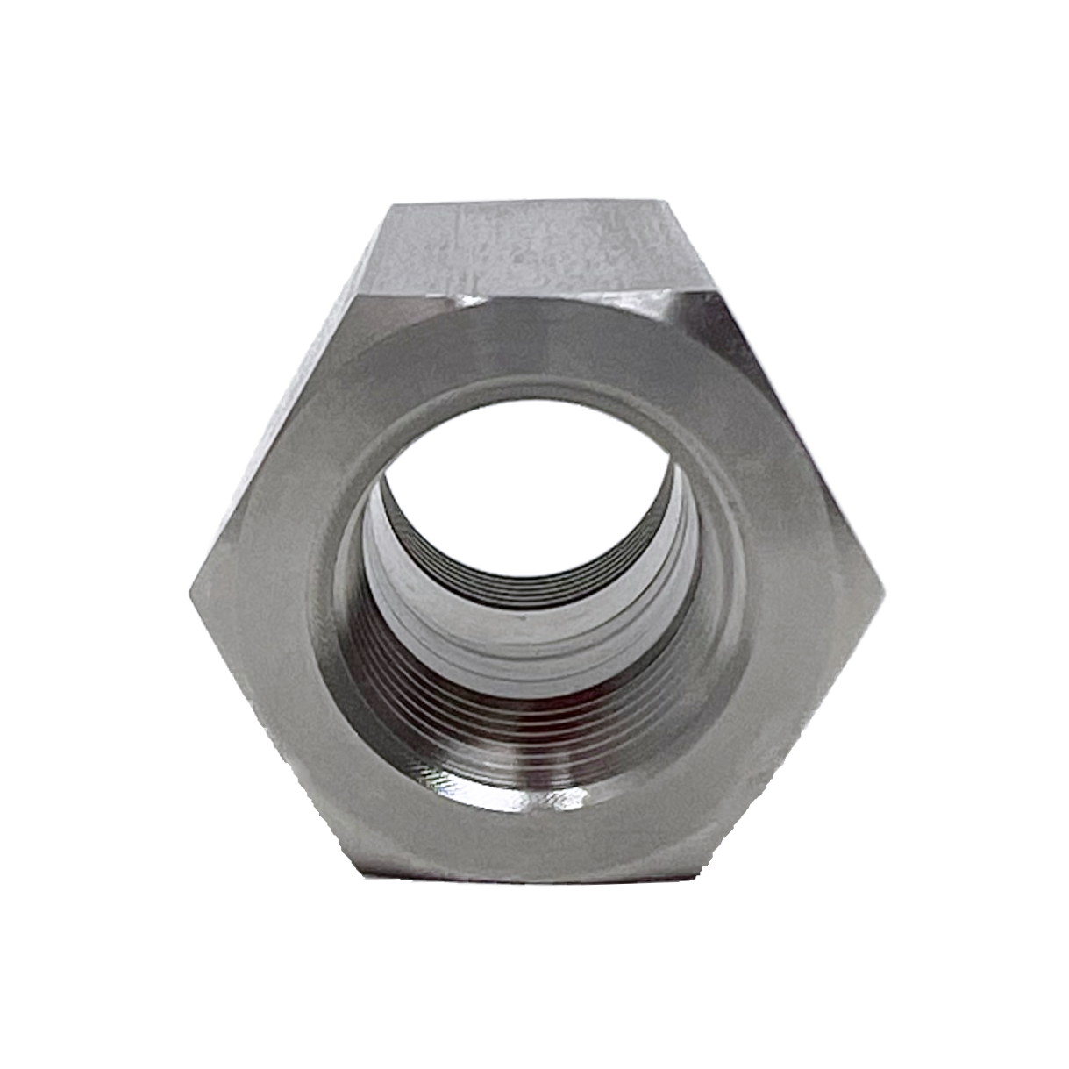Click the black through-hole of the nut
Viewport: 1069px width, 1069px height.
click(x=535, y=491)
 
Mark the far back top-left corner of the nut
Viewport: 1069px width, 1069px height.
click(x=389, y=205)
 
